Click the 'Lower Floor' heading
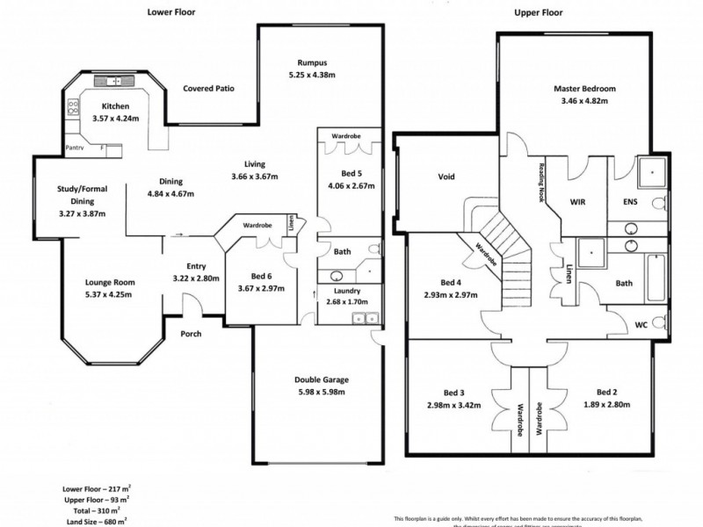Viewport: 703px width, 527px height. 170,12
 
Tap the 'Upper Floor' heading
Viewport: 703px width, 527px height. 538,12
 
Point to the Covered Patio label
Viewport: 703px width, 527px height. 207,89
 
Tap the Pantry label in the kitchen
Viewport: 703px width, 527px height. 74,148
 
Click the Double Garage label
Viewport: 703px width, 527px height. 321,380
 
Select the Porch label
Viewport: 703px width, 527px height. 191,333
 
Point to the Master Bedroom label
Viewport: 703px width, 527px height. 583,89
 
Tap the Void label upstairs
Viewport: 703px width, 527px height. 446,176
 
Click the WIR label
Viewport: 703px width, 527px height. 578,202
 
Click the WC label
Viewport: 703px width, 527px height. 641,324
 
